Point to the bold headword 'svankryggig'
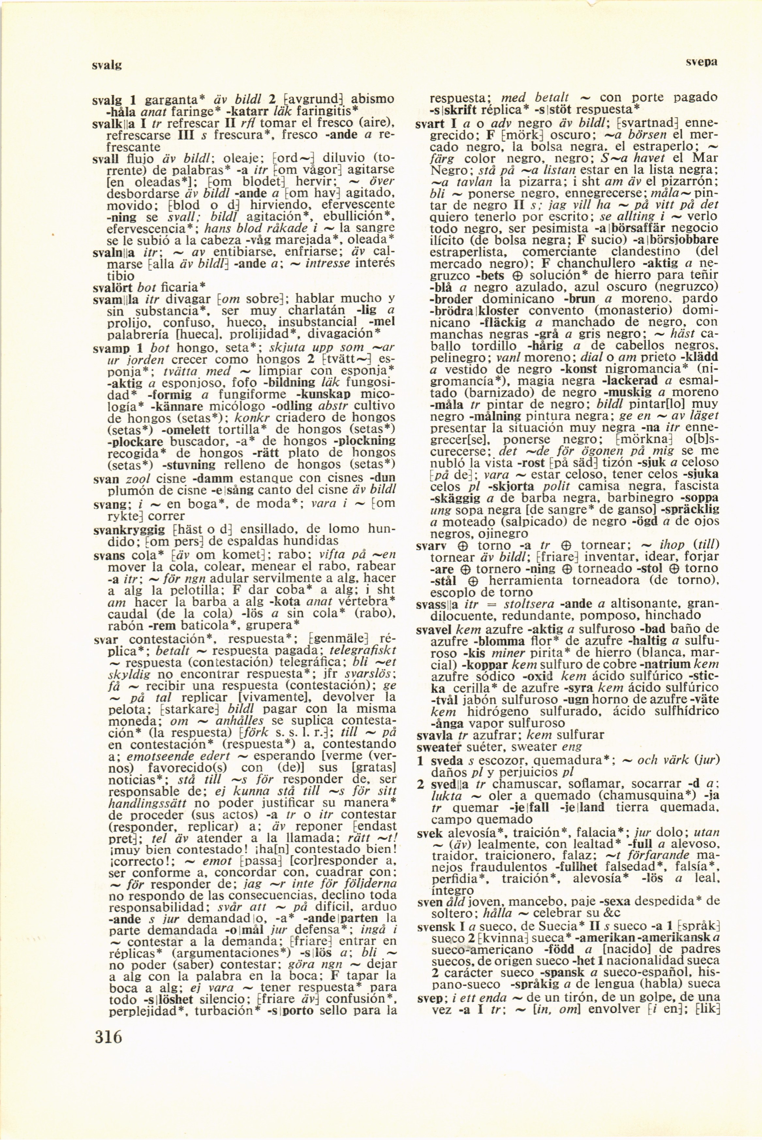[129, 530]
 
